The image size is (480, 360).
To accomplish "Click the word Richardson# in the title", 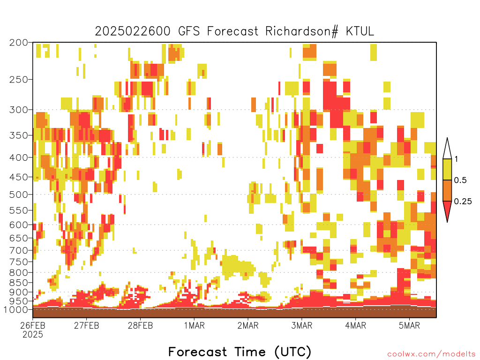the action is tap(301, 31).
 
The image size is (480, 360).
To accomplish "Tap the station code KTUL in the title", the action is tap(360, 31).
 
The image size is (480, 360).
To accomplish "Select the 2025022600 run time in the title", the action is tap(133, 31).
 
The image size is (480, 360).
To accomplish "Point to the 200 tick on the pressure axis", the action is tap(18, 43).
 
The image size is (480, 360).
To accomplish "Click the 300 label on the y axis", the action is tap(18, 110).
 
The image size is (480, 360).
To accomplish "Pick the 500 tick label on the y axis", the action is tap(18, 195).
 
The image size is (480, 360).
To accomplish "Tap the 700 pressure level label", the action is tap(18, 250).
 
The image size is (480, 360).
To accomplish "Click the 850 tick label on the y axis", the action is tap(18, 283).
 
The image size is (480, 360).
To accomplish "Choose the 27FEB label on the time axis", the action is tap(87, 325).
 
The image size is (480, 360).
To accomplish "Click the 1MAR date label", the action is tap(195, 325).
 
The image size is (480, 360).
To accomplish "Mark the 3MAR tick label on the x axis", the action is tap(302, 325).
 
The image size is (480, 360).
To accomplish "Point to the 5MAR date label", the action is tap(410, 325).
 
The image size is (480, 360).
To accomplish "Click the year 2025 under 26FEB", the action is tap(33, 335).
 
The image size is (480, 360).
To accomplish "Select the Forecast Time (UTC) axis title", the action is tap(240, 352).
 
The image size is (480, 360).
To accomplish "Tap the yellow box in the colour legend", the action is tap(447, 169).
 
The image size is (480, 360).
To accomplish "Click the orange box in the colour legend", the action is tap(447, 190).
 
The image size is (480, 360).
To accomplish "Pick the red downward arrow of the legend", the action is tap(447, 210).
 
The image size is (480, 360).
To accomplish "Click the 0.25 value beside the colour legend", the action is tap(463, 202).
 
